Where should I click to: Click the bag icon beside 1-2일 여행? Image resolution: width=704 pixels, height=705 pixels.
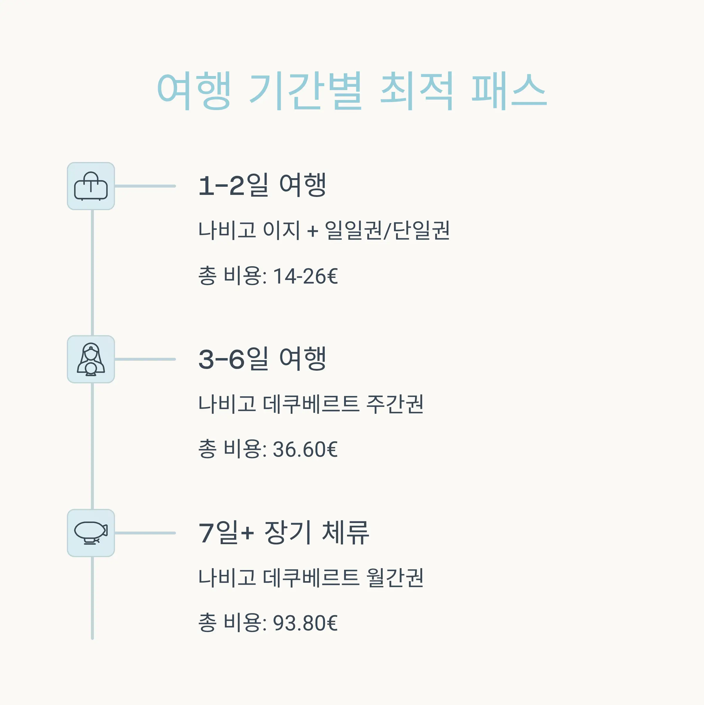(x=91, y=186)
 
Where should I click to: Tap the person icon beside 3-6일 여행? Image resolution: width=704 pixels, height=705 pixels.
(x=91, y=360)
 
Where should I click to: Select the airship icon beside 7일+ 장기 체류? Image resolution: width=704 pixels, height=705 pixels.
(x=91, y=533)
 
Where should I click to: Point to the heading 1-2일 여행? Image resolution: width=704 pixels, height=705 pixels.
(x=262, y=185)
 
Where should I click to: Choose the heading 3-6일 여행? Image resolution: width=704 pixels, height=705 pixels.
(x=262, y=359)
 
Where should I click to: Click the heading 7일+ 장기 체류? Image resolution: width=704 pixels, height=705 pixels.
(x=283, y=532)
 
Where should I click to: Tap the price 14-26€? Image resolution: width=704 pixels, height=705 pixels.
(x=305, y=276)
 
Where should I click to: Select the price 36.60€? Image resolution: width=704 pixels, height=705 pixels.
(x=305, y=449)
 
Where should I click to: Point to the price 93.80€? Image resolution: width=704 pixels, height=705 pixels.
(x=305, y=623)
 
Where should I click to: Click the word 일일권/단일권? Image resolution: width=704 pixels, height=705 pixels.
(x=387, y=231)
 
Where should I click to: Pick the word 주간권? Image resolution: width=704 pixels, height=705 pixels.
(x=395, y=404)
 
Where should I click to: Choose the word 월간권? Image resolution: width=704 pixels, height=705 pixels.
(x=395, y=578)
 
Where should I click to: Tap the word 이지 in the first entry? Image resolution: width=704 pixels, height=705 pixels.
(x=281, y=231)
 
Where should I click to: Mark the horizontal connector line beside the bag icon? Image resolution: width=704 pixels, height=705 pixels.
(x=145, y=186)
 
